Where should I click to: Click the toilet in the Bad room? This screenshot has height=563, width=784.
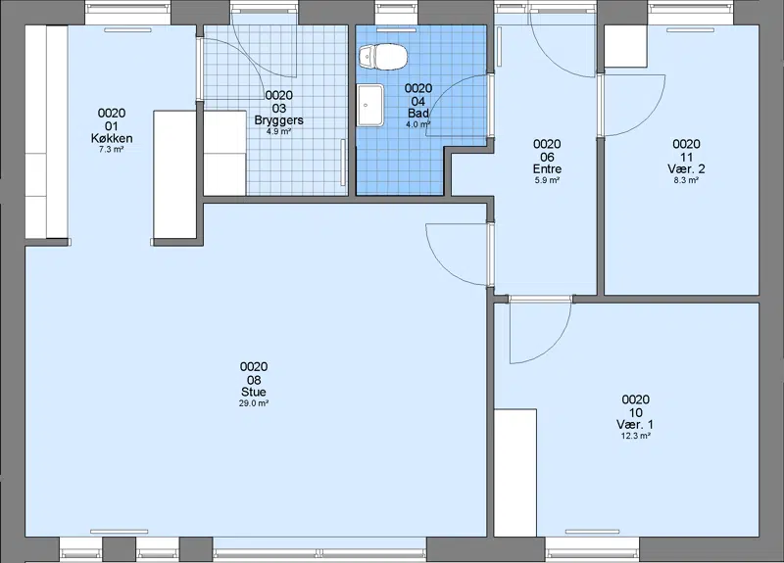(383, 56)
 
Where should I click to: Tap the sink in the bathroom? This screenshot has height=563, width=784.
(370, 105)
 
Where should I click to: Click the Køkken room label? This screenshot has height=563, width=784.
(112, 138)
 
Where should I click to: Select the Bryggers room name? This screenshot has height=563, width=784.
(279, 120)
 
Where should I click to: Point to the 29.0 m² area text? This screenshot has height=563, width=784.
(254, 403)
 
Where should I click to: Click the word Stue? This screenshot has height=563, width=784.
(254, 392)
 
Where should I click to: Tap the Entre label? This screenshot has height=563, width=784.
(547, 168)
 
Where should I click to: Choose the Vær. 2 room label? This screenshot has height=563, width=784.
(686, 168)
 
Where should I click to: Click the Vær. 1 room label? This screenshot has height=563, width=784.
(635, 425)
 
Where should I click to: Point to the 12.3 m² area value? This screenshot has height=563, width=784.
(635, 436)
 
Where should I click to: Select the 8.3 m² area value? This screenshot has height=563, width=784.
(686, 180)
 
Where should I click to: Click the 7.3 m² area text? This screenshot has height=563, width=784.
(112, 150)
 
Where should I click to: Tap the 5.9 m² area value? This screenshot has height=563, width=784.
(547, 180)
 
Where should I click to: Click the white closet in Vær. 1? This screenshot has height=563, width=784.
(515, 473)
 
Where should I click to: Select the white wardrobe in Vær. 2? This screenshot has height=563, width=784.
(626, 46)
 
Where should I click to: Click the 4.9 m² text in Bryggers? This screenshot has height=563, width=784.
(279, 132)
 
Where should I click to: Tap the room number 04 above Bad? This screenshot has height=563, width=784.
(418, 102)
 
